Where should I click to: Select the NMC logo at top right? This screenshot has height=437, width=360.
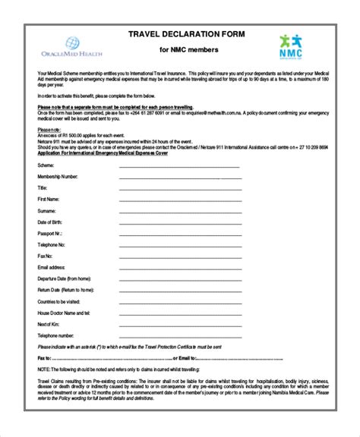[x=292, y=48]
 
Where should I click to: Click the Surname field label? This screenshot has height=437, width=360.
[x=47, y=210]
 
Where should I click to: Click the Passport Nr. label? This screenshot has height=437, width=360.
[x=50, y=233]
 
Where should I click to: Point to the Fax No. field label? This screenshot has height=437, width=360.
[x=46, y=256]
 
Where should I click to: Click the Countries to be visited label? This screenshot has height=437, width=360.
[x=60, y=301]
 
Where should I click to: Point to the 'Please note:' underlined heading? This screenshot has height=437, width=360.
[x=49, y=130]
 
